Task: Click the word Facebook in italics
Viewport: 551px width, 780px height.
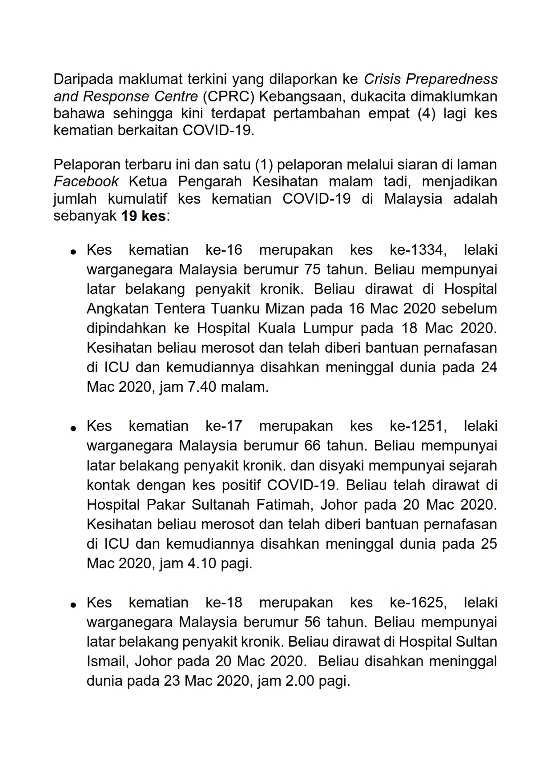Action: (86, 182)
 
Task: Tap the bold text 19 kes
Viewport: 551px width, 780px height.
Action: (144, 217)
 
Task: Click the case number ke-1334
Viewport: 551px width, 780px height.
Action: (416, 250)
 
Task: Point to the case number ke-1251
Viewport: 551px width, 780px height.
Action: (416, 426)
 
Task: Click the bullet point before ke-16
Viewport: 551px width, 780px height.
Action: (73, 252)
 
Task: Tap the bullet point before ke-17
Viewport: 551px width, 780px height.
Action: (73, 428)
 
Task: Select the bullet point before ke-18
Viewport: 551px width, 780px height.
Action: (73, 604)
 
